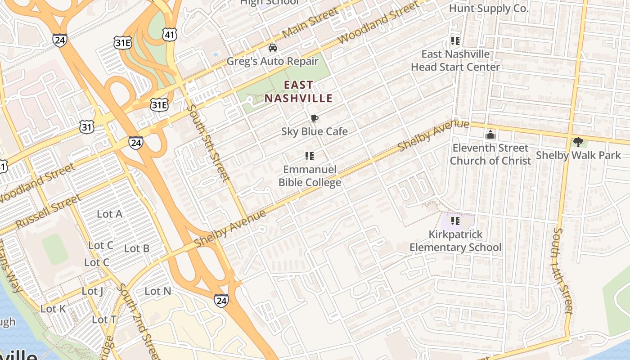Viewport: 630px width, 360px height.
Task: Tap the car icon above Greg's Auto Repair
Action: [272, 48]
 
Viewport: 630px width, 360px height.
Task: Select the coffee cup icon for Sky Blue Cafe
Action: [314, 119]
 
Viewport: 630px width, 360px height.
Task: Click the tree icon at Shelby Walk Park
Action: [578, 142]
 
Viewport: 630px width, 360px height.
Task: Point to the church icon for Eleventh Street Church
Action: [490, 135]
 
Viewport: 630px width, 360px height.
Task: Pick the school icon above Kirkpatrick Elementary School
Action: [455, 221]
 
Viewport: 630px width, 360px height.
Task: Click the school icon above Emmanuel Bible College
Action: [309, 156]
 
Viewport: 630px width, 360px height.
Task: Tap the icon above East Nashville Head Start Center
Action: [455, 41]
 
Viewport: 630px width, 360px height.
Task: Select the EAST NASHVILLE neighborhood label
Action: [298, 92]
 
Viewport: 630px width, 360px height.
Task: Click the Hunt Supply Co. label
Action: [488, 9]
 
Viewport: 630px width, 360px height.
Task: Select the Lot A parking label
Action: [110, 214]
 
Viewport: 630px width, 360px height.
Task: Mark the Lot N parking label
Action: [157, 291]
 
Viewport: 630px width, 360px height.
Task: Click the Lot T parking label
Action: [104, 319]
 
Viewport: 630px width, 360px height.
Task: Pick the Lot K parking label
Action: [53, 309]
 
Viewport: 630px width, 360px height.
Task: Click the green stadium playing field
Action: [55, 249]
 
